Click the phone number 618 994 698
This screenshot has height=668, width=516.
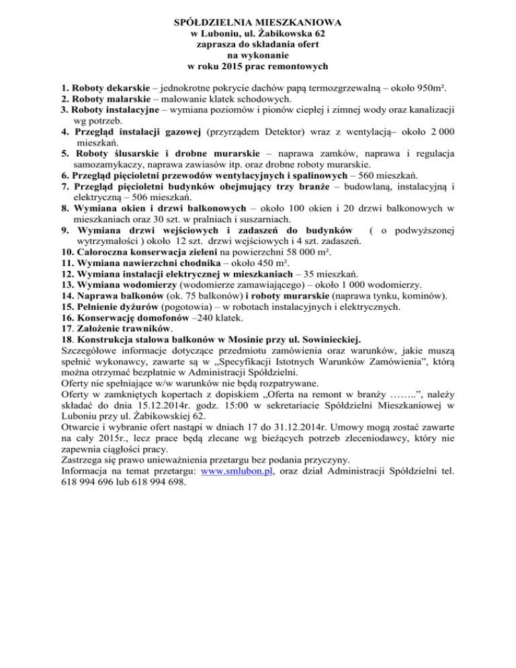(147, 481)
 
